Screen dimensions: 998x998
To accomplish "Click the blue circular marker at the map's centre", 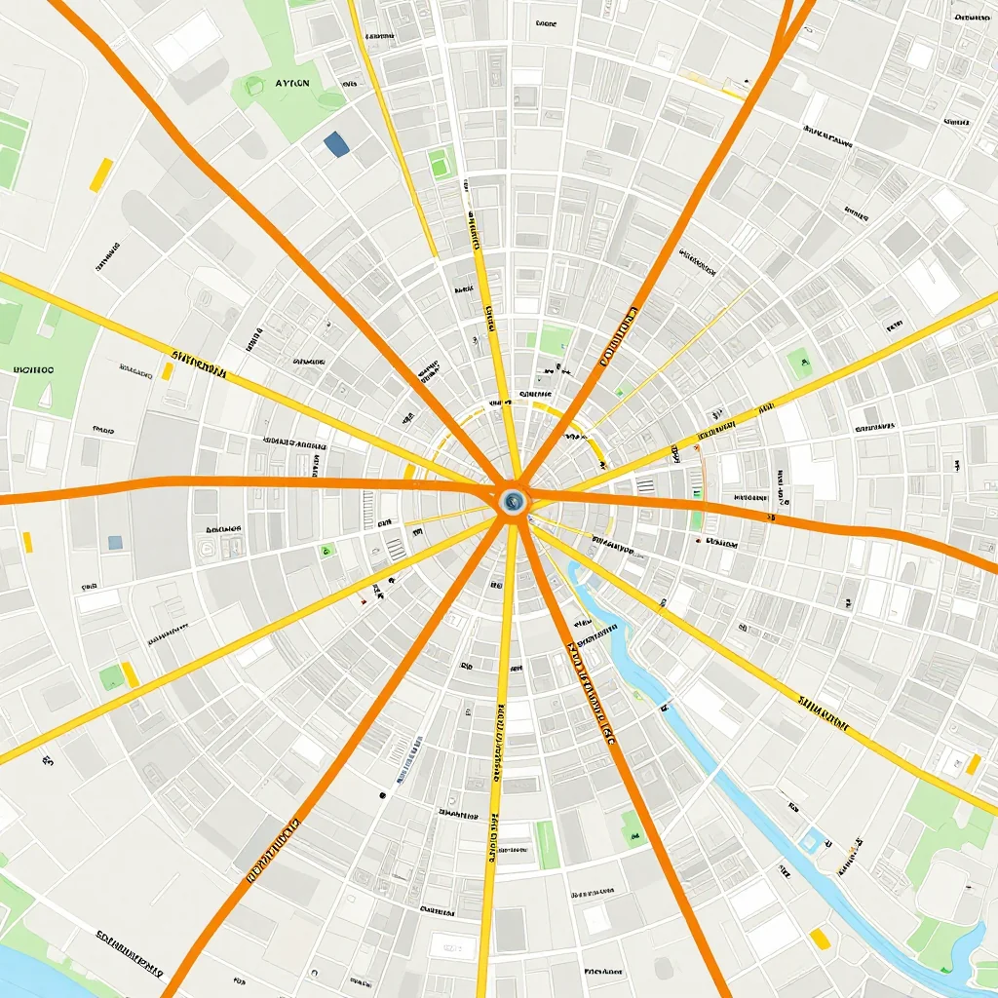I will pos(512,502).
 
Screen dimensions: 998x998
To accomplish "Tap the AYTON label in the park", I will pos(292,84).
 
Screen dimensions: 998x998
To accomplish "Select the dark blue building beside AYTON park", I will pos(336,144).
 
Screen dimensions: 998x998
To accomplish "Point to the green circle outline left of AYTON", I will pos(255,86).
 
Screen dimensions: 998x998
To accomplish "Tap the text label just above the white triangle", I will pos(33,370).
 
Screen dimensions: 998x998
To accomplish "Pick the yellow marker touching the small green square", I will pos(129,673).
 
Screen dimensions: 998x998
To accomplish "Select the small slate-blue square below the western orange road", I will pos(115,542).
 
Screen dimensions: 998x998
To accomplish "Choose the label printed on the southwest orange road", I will pos(273,848).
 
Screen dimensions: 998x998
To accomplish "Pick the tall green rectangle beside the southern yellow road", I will pos(548,844).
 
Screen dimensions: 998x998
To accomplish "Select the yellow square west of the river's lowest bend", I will pos(820,938).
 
